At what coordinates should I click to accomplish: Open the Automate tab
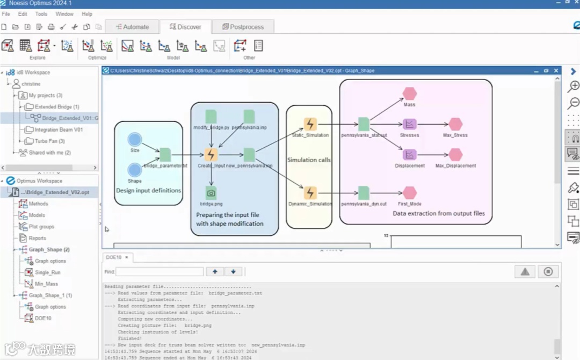pos(132,26)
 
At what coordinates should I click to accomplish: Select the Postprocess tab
pos(243,26)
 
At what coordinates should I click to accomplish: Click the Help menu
pos(87,14)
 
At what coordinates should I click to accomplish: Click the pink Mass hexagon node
pos(410,93)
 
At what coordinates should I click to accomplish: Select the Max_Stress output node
pos(455,124)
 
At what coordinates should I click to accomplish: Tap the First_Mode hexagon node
pos(410,193)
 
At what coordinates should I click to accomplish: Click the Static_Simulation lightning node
pos(310,124)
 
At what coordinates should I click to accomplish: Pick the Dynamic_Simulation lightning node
pos(310,193)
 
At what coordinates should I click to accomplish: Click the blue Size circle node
pos(135,140)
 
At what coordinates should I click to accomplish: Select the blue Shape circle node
pos(135,170)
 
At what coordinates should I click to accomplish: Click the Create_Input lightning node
pos(211,155)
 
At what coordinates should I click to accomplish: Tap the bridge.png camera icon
pos(211,193)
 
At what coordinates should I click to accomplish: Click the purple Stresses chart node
pos(410,124)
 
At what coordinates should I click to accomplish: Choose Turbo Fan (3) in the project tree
pos(49,141)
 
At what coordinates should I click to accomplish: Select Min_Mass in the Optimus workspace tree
pos(46,284)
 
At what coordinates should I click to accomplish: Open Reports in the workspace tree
pos(37,238)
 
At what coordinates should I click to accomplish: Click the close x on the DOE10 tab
pos(127,257)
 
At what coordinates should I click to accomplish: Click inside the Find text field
pos(160,272)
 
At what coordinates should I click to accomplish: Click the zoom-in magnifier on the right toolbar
pos(574,86)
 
